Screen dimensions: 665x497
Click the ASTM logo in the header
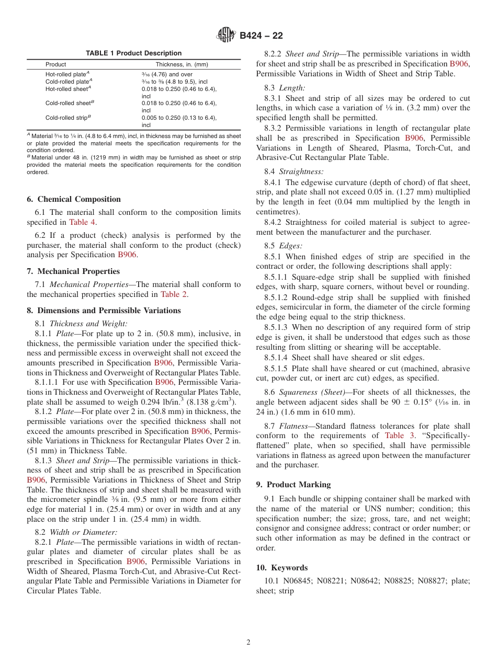pos(227,36)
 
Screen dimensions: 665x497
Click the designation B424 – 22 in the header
pos(261,36)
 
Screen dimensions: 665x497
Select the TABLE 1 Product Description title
pos(133,53)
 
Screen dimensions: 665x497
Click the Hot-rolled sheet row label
pos(68,89)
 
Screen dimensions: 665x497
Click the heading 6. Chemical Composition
pos(74,199)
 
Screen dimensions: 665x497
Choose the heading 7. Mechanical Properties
pos(73,271)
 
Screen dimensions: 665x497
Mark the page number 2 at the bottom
pos(249,643)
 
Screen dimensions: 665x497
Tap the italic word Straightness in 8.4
pos(301,171)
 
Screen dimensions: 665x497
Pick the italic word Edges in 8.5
pos(290,246)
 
